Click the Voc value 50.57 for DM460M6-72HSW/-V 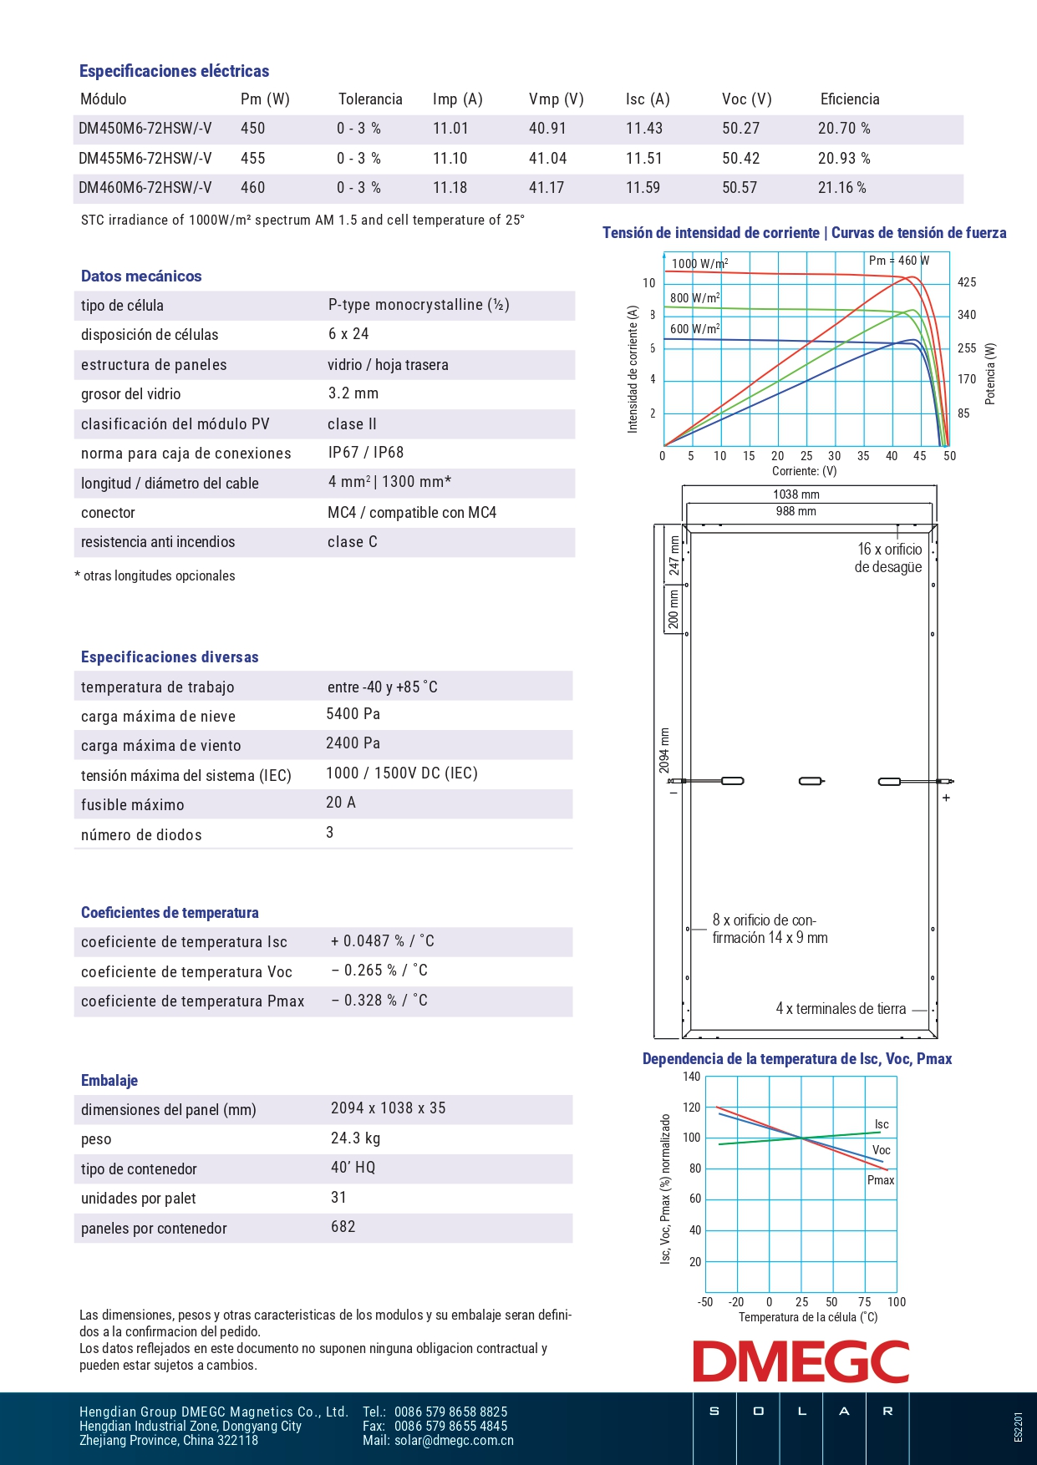[x=740, y=188]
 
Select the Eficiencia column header [x=850, y=99]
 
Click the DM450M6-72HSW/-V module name [x=145, y=129]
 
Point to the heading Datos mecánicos [x=141, y=276]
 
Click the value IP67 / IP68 [x=366, y=453]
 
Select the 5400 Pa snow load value [x=353, y=714]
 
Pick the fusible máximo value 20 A [x=341, y=803]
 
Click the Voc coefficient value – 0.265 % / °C [x=379, y=971]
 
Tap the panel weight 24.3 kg [x=356, y=1138]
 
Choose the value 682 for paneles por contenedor [x=343, y=1227]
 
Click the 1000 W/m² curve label [x=699, y=264]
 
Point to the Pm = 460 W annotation [x=898, y=261]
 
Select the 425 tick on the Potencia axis [x=967, y=282]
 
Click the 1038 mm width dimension [x=796, y=494]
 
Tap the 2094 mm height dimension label [x=664, y=750]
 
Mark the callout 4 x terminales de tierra [x=841, y=1009]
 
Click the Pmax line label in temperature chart [x=881, y=1180]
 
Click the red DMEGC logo [x=801, y=1362]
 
